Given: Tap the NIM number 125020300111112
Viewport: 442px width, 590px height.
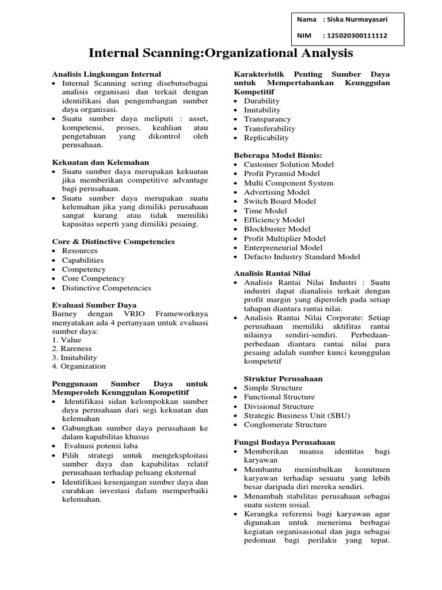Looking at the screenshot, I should point(357,36).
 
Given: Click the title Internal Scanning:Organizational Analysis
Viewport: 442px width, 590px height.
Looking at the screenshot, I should point(220,54).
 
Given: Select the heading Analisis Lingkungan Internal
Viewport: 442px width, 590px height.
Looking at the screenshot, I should point(106,74).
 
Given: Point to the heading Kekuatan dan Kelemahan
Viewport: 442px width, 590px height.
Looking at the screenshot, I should point(101,162).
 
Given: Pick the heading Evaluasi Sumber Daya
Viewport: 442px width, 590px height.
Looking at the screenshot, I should point(94,304).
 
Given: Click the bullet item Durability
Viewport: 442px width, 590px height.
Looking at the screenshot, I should point(262,101).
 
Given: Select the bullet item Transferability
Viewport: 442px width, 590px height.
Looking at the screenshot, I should point(269,128).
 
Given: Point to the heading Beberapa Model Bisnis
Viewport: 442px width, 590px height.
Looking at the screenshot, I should point(278,155).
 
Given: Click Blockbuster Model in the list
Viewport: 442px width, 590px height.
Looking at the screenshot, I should point(277,229).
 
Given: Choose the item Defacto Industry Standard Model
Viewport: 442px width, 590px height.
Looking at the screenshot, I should point(302,256).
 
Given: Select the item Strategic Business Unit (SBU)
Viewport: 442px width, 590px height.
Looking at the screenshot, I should point(296,415).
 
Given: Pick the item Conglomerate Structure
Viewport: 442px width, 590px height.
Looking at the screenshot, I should point(285,425).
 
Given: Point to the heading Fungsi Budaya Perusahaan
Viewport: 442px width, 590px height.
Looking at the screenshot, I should point(284,441).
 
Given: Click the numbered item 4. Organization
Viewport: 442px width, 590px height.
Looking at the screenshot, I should point(79,366).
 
